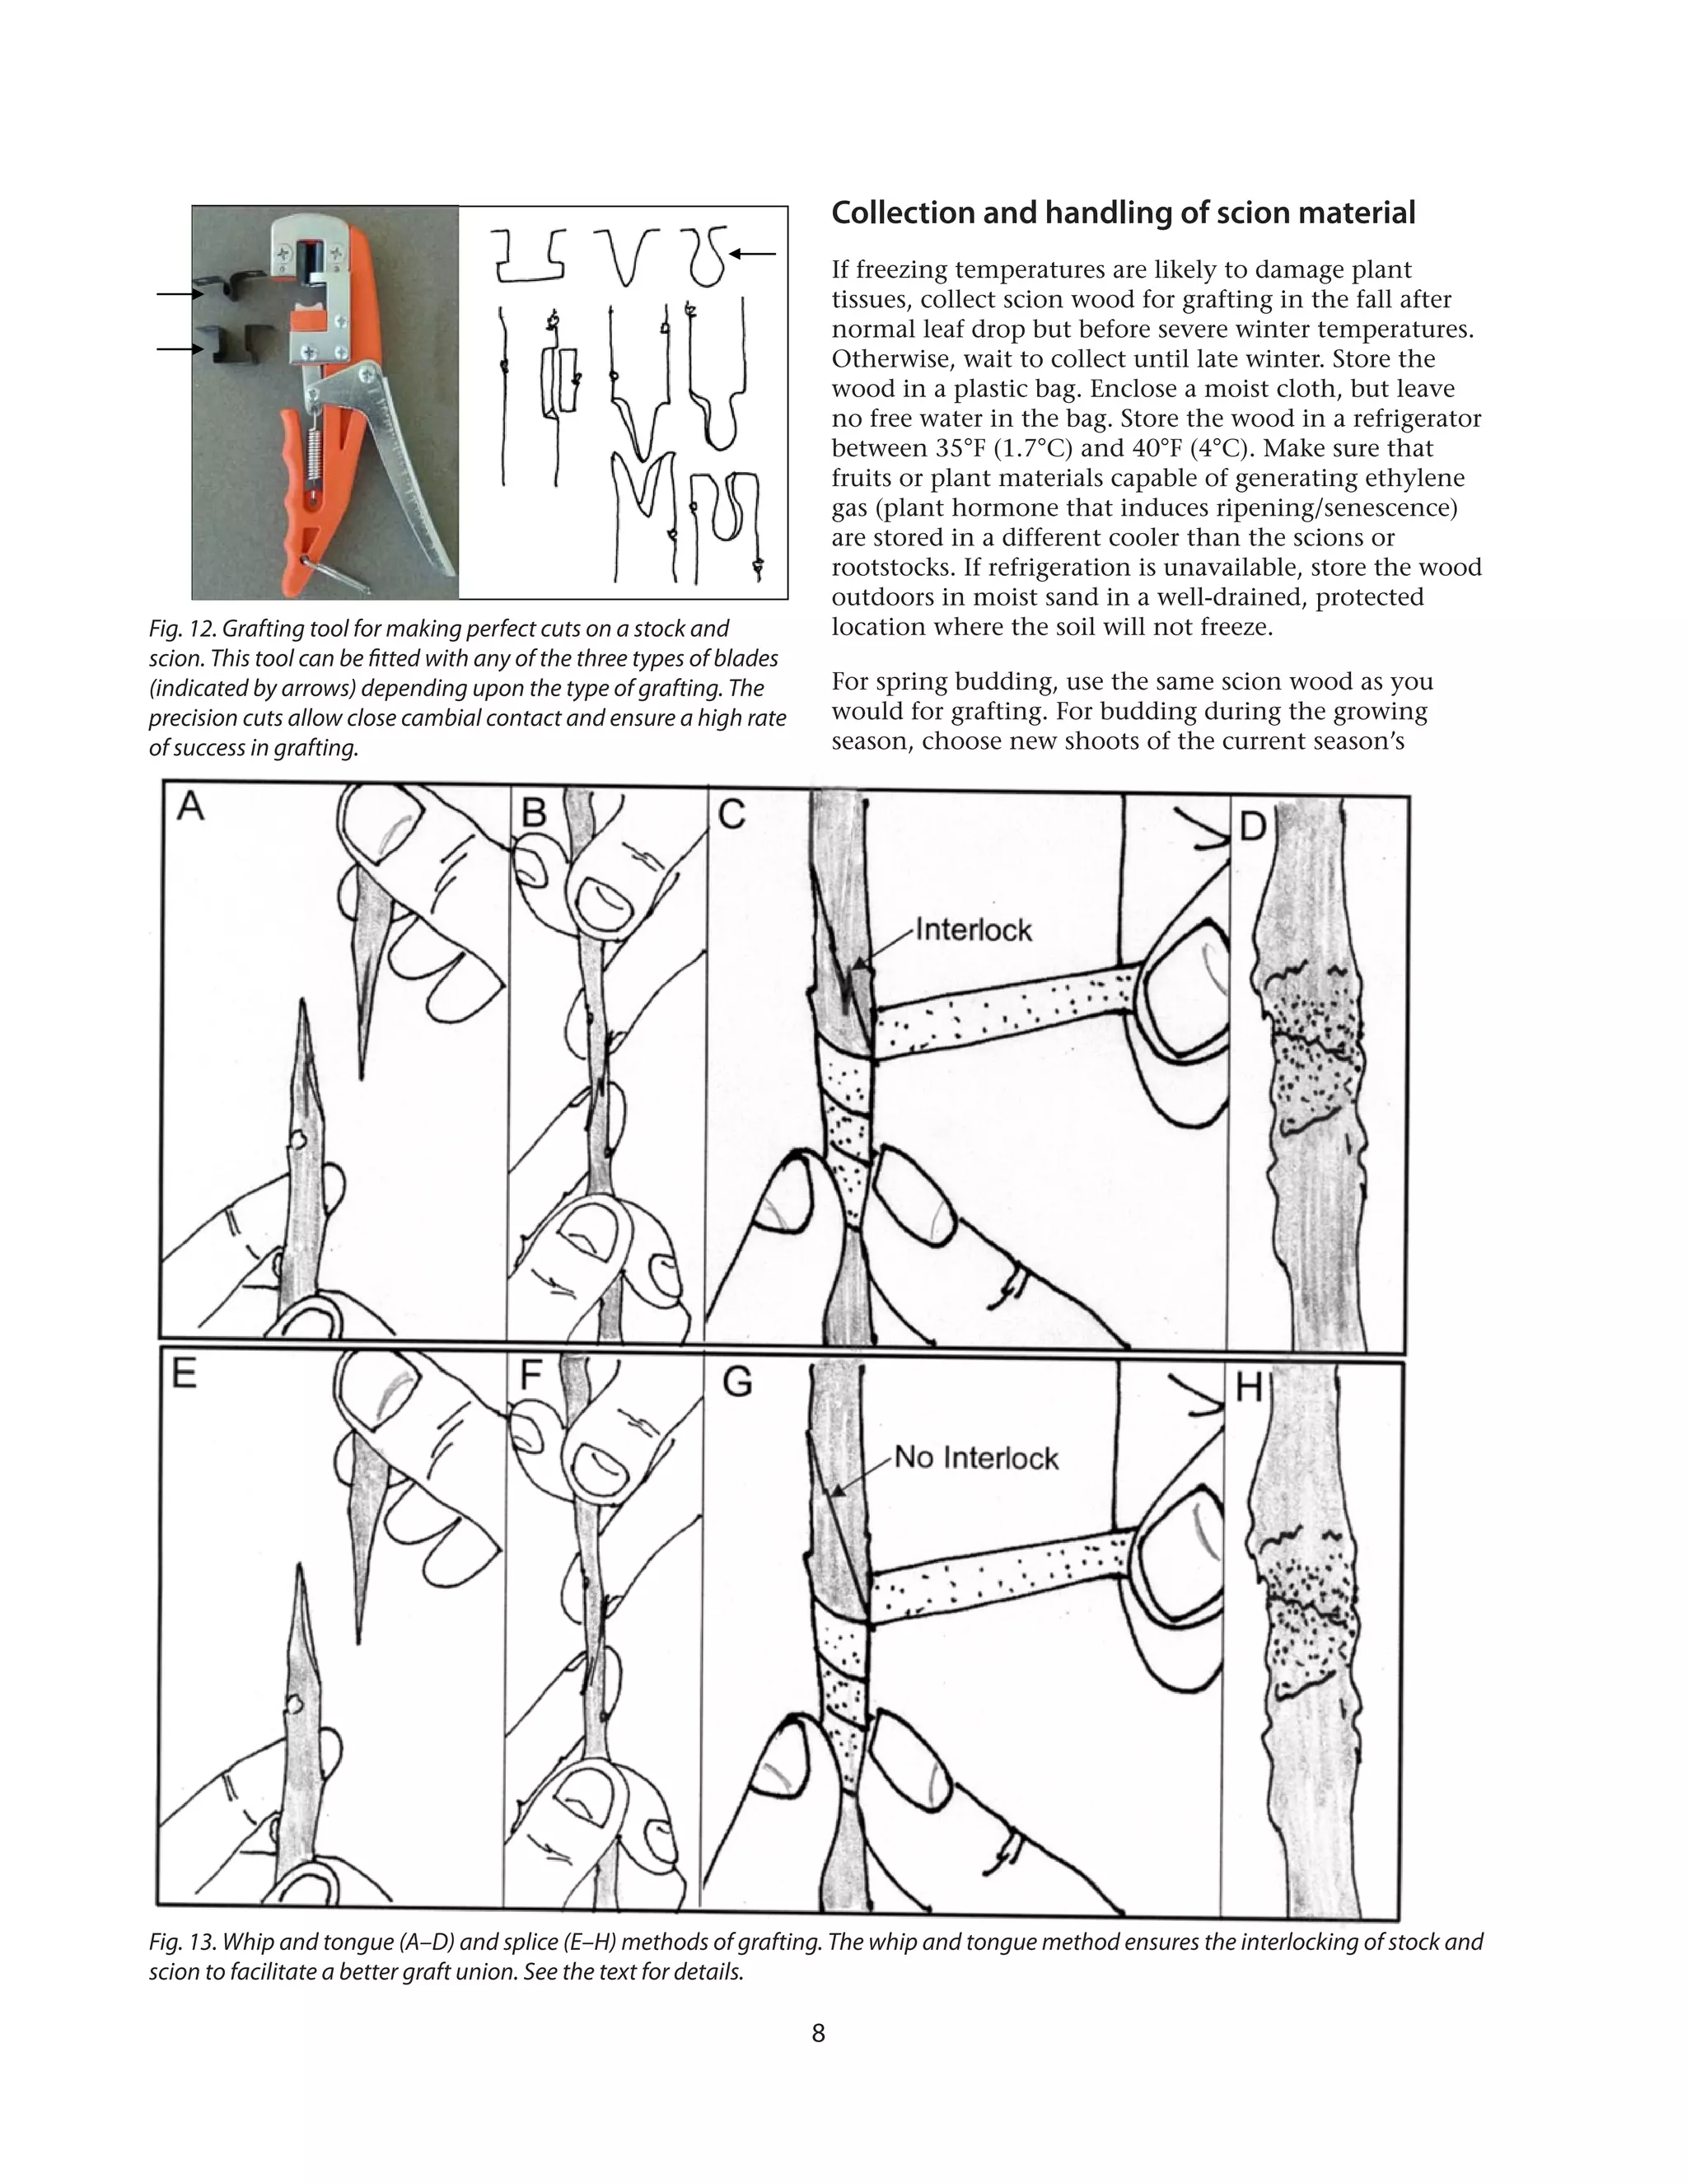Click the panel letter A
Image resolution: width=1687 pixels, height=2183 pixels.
coord(190,806)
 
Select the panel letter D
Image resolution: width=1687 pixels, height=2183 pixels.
coord(1252,825)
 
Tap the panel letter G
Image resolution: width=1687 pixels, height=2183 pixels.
coord(736,1383)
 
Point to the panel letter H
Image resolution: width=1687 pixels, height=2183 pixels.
coord(1250,1388)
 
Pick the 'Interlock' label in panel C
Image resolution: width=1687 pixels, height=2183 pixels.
coord(974,931)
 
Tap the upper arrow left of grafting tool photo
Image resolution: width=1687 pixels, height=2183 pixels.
coord(180,294)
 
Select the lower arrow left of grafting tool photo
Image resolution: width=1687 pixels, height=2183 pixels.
coord(180,348)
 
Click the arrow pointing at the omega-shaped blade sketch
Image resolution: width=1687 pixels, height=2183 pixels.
coord(755,254)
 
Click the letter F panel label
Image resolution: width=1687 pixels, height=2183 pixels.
coord(530,1376)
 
